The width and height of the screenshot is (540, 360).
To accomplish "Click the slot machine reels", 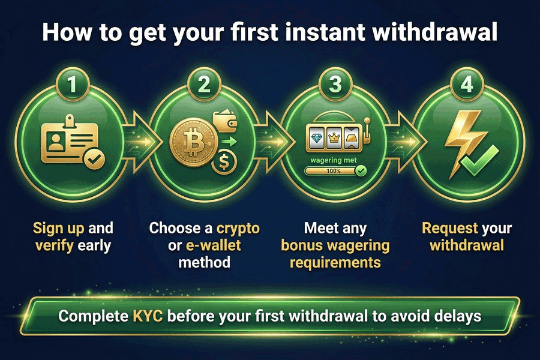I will [333, 137].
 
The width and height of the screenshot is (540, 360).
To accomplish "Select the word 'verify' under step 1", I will [55, 245].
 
